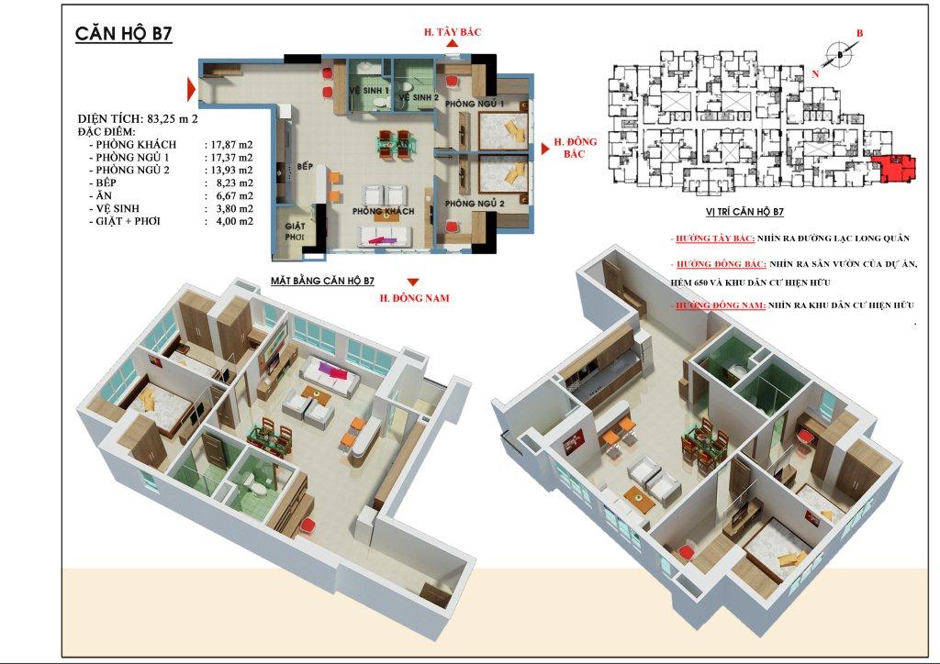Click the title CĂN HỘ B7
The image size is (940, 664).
[123, 35]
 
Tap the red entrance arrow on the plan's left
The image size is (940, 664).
[192, 89]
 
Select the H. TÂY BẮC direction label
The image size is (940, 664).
[453, 33]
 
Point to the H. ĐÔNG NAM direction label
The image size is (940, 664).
[414, 297]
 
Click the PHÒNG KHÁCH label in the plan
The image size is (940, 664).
[384, 212]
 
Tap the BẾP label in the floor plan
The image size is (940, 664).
[306, 167]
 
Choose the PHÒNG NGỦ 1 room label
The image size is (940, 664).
[475, 105]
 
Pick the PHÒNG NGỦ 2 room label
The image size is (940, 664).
[474, 203]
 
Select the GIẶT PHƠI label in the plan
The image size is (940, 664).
[295, 231]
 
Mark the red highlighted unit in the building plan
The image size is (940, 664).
[895, 170]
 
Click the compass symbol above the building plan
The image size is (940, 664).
[839, 55]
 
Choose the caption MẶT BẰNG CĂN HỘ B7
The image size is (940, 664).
[322, 280]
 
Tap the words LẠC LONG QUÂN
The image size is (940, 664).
[869, 238]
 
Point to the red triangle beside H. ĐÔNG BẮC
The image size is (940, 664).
[543, 144]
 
